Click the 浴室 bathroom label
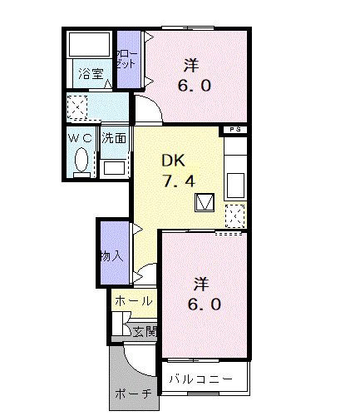[x=91, y=74]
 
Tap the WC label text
[x=80, y=137]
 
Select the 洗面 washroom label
[x=114, y=139]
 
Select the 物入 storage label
[x=111, y=255]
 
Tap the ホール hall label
[x=132, y=300]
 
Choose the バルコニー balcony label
[x=201, y=379]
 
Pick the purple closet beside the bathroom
[x=127, y=58]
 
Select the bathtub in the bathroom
[x=89, y=46]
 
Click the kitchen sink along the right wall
[x=235, y=183]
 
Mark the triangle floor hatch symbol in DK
[x=205, y=202]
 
